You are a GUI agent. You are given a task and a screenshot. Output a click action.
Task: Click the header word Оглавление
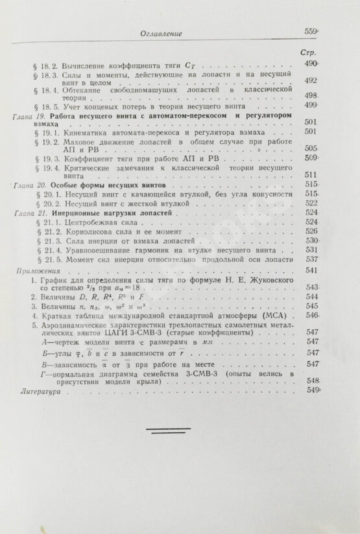point(162,34)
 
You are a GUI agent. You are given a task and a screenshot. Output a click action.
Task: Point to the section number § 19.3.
point(47,157)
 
